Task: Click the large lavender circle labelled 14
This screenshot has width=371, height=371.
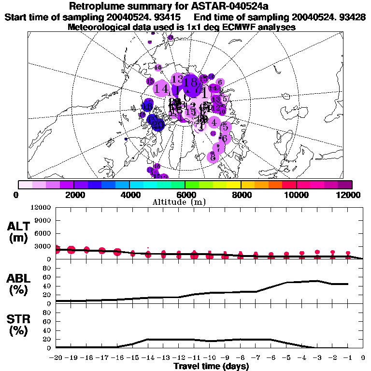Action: pyautogui.click(x=162, y=89)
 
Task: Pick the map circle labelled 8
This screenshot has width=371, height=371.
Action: pyautogui.click(x=213, y=157)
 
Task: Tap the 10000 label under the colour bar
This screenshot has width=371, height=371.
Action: pyautogui.click(x=296, y=195)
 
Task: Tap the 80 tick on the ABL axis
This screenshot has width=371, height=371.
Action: pyautogui.click(x=48, y=268)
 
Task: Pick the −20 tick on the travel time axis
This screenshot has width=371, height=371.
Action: pyautogui.click(x=56, y=357)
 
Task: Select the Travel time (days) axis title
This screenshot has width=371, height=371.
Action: pyautogui.click(x=211, y=366)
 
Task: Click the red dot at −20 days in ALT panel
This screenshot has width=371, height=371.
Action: pyautogui.click(x=57, y=249)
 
